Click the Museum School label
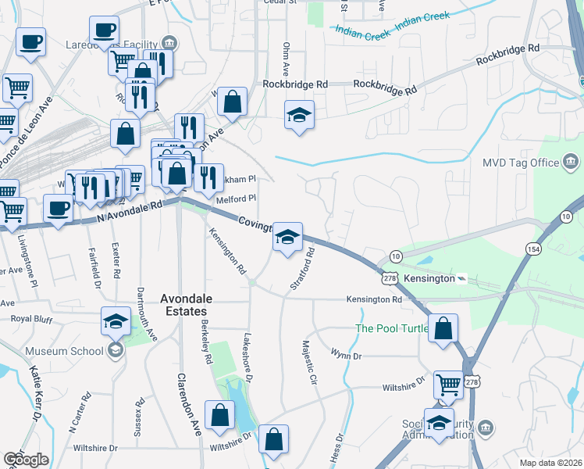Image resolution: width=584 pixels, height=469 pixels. tap(64, 351)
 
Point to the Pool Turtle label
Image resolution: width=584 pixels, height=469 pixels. tap(392, 328)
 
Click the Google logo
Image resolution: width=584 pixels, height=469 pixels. tap(25, 460)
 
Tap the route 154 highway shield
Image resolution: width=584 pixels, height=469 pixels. tap(533, 248)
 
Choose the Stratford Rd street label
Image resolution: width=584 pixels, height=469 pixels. tap(302, 270)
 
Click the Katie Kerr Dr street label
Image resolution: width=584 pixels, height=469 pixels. tap(36, 392)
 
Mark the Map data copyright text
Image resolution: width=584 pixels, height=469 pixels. tap(550, 463)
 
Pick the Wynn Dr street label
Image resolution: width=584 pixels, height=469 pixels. tap(346, 356)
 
